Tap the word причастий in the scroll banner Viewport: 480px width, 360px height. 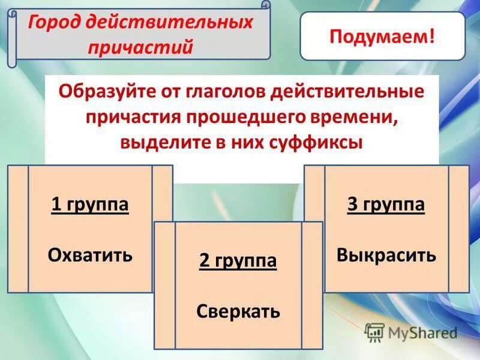pyautogui.click(x=141, y=47)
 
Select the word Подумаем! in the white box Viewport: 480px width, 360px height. pyautogui.click(x=382, y=35)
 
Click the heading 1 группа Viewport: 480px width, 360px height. pyautogui.click(x=90, y=205)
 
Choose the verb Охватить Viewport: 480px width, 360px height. pyautogui.click(x=90, y=255)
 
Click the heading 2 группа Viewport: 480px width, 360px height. pyautogui.click(x=238, y=261)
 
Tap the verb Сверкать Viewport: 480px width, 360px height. pyautogui.click(x=238, y=311)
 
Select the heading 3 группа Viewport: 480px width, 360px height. pyautogui.click(x=386, y=205)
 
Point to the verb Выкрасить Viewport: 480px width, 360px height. pyautogui.click(x=386, y=255)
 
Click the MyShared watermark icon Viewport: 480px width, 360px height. pyautogui.click(x=374, y=332)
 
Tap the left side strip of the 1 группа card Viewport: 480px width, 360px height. pyautogui.click(x=17, y=229)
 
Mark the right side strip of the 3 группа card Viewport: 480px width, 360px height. pyautogui.click(x=458, y=229)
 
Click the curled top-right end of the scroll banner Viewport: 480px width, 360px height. pyautogui.click(x=265, y=5)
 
